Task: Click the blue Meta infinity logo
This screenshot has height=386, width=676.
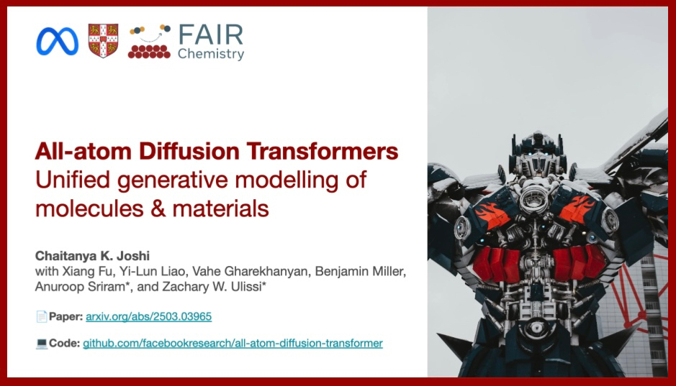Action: pos(58,41)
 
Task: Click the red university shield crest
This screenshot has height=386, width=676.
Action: pos(103,40)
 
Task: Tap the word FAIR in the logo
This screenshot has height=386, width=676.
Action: pos(211,35)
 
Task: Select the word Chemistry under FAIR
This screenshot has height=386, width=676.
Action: pos(211,54)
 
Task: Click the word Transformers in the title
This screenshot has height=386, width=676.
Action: pos(323,151)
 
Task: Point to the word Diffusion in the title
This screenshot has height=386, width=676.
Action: pos(189,151)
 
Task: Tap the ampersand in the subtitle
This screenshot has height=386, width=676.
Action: pos(158,208)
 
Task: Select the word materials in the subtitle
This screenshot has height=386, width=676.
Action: pos(221,208)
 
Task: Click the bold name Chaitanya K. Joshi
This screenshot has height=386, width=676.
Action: pos(92,256)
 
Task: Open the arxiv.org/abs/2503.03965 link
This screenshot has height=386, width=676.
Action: pos(149,317)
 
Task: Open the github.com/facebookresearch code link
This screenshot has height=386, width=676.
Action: pos(233,344)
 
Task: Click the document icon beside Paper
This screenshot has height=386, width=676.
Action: pos(42,317)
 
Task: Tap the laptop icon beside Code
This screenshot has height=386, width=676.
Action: pos(42,344)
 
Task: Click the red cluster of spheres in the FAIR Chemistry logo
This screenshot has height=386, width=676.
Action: pos(149,52)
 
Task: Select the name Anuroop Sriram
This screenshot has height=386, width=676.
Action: pos(81,287)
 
